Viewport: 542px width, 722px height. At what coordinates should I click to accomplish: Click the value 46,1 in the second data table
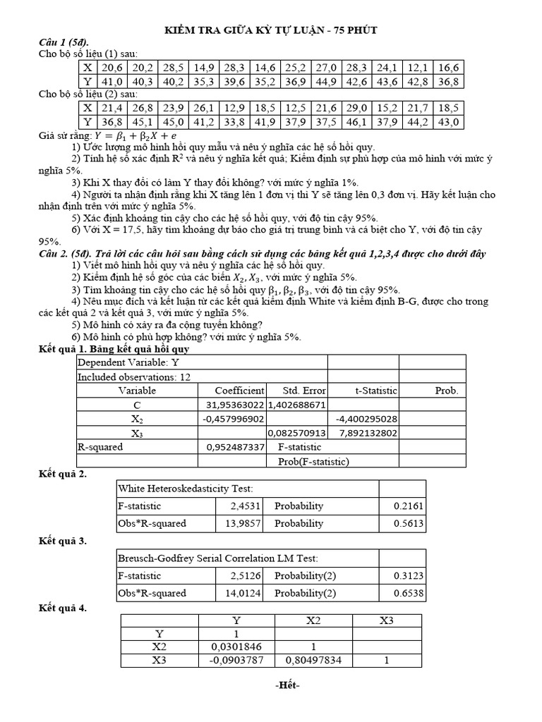coord(355,122)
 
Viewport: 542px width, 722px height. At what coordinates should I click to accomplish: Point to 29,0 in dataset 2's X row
coord(355,108)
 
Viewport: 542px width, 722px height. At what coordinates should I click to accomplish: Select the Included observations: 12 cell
coord(133,377)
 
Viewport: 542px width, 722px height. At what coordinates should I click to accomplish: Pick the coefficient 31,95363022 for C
coord(234,405)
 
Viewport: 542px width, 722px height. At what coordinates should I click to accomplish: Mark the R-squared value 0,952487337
coord(235,447)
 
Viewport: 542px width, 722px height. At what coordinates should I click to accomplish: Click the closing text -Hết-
coord(270,685)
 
